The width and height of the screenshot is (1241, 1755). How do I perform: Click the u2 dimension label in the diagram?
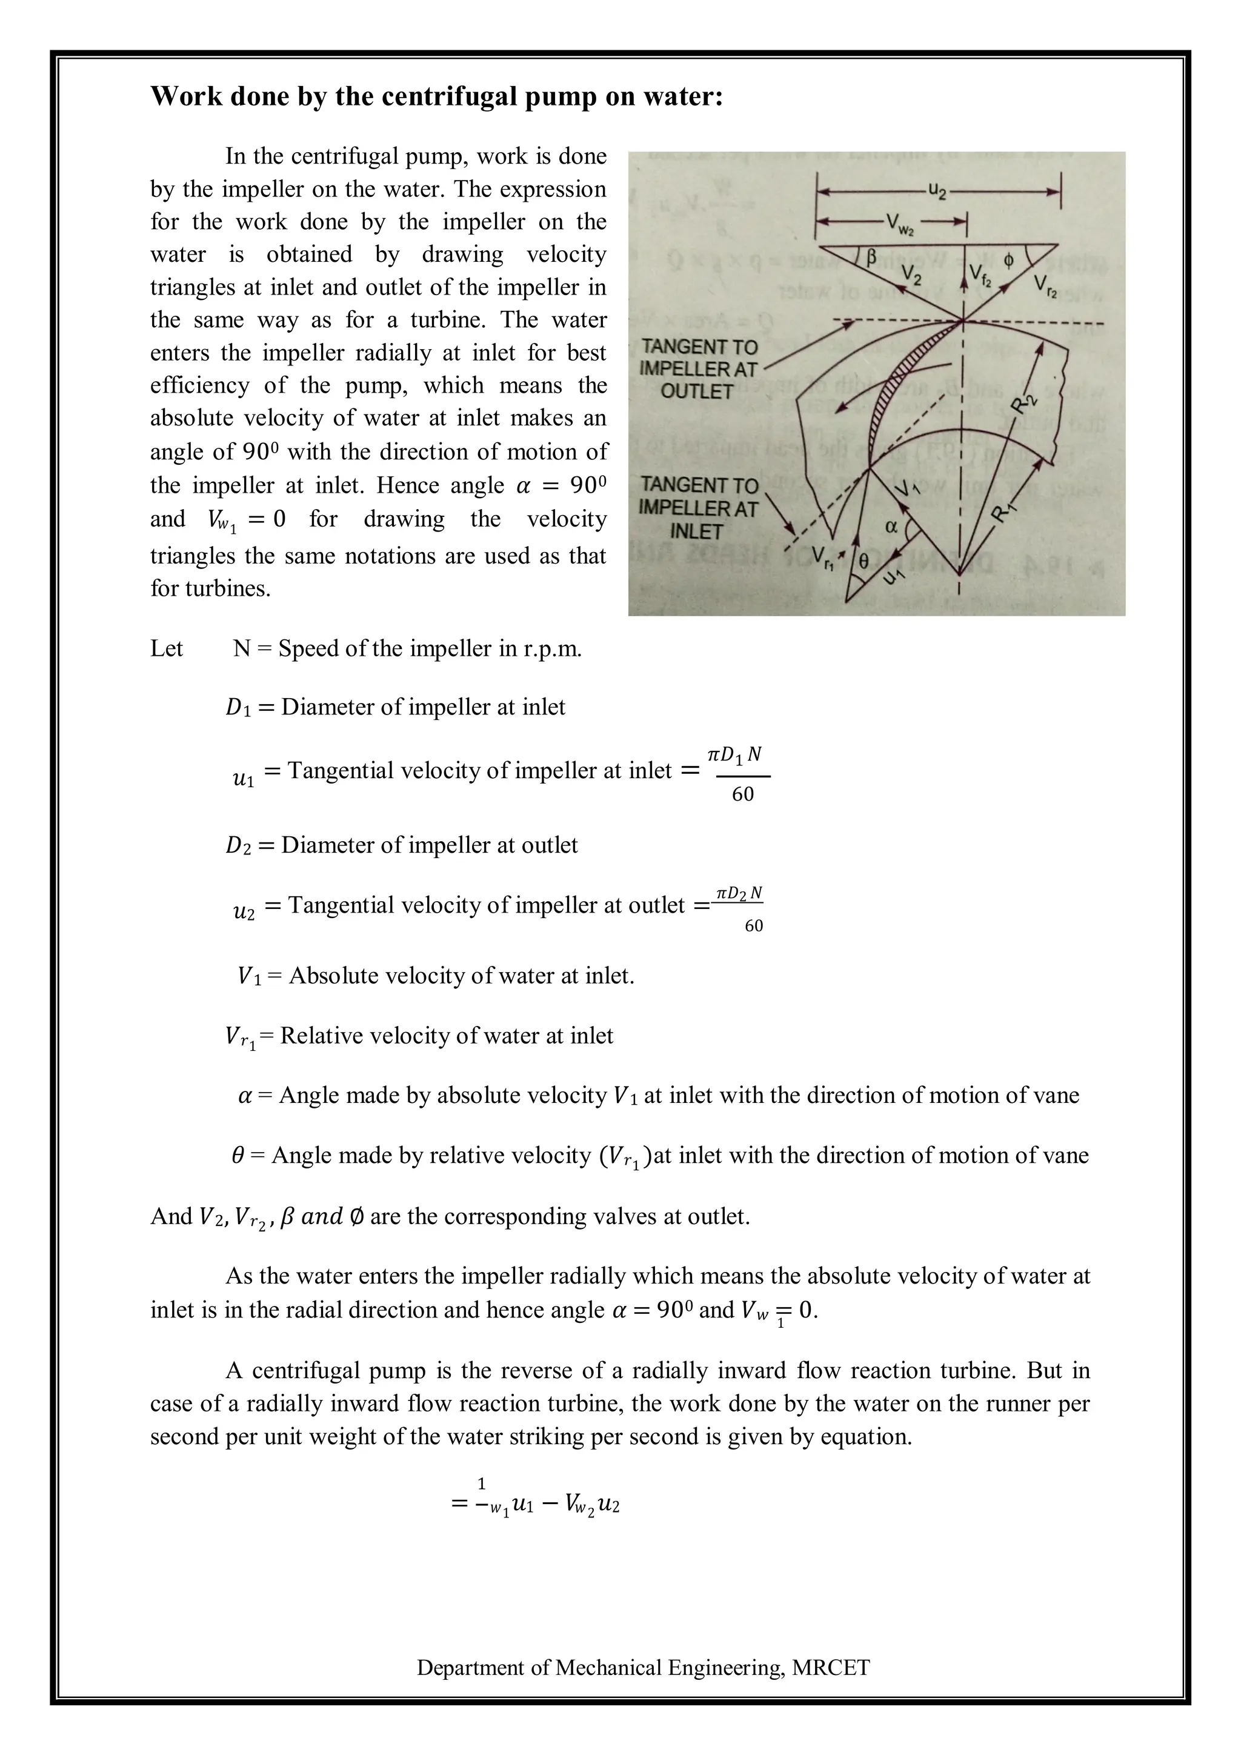[x=937, y=191]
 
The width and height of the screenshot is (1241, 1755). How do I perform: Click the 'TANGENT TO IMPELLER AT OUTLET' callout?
[x=697, y=369]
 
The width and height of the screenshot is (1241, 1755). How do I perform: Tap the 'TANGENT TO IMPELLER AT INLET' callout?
[x=699, y=508]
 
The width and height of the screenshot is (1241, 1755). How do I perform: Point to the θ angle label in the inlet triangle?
[x=863, y=561]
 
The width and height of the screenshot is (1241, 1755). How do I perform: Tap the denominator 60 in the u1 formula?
[x=742, y=795]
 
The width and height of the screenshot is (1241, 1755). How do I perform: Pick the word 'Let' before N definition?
[x=167, y=649]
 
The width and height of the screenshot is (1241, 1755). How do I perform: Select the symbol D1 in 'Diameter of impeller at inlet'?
[x=238, y=708]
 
